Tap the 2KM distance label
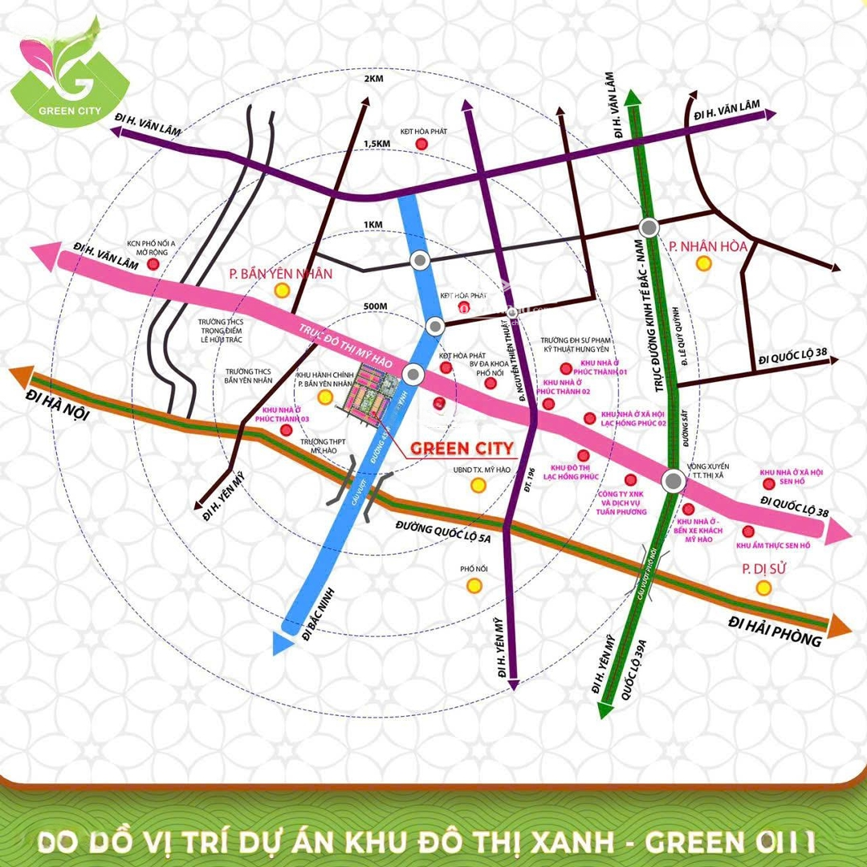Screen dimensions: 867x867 click(375, 79)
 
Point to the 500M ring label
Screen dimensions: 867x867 click(375, 306)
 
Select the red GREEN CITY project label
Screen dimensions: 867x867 click(462, 448)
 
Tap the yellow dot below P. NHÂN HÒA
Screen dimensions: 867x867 click(704, 263)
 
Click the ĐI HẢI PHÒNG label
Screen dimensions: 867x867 click(775, 630)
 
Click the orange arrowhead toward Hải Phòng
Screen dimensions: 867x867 click(839, 625)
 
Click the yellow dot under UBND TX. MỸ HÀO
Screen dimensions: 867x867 click(478, 485)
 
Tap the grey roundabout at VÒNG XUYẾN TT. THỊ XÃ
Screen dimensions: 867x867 click(673, 481)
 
